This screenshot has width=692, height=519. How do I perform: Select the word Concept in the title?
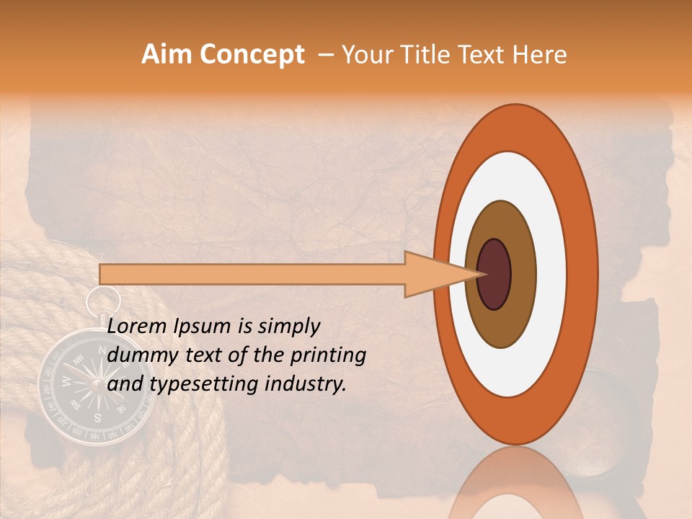252,56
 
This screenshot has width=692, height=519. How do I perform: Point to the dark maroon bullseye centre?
494,274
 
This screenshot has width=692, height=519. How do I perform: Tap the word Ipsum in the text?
203,326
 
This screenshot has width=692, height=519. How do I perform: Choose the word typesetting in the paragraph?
190,384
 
